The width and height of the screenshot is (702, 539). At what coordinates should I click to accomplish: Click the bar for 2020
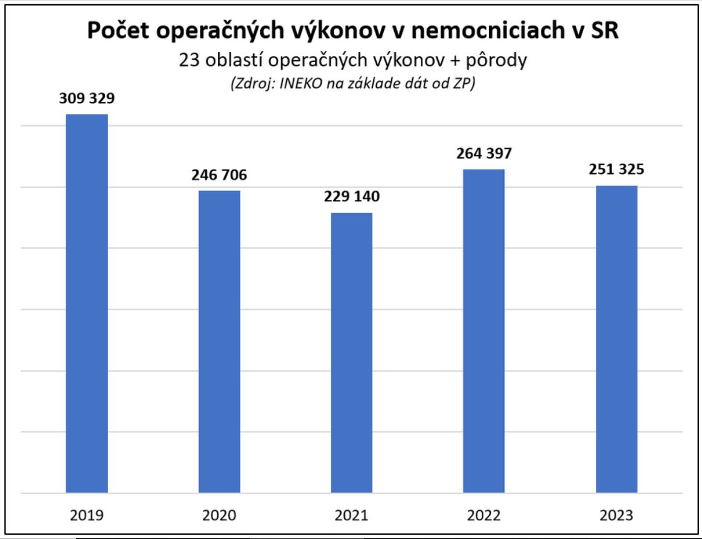coord(219,342)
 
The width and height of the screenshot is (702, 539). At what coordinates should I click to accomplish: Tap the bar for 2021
coord(351,352)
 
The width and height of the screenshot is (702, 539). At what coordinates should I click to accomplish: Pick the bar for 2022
coord(484,331)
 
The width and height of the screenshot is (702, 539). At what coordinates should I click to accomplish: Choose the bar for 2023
coord(616,339)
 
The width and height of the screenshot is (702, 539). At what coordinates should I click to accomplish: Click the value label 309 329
coord(87,99)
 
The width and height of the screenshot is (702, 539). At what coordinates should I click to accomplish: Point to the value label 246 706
coord(219,176)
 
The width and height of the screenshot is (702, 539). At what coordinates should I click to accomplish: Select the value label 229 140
coord(351,197)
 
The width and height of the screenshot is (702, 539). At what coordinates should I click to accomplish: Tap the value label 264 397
coord(484,153)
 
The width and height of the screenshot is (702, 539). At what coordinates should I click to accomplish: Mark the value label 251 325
coord(616,170)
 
